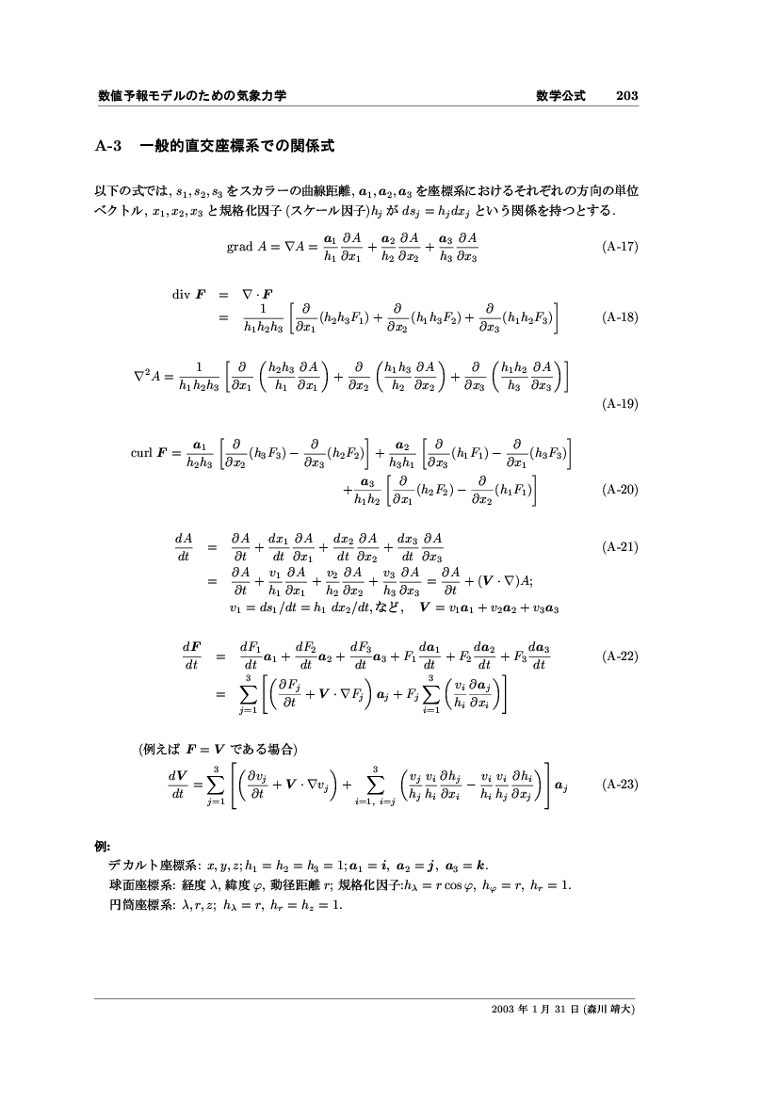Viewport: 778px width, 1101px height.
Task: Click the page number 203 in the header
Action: (x=627, y=95)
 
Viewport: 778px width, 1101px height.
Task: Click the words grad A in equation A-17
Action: (x=246, y=248)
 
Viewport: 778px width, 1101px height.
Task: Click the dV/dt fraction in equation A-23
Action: (x=178, y=784)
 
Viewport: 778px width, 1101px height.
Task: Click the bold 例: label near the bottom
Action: (x=105, y=846)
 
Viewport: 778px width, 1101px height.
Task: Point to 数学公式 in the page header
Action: (x=560, y=95)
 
